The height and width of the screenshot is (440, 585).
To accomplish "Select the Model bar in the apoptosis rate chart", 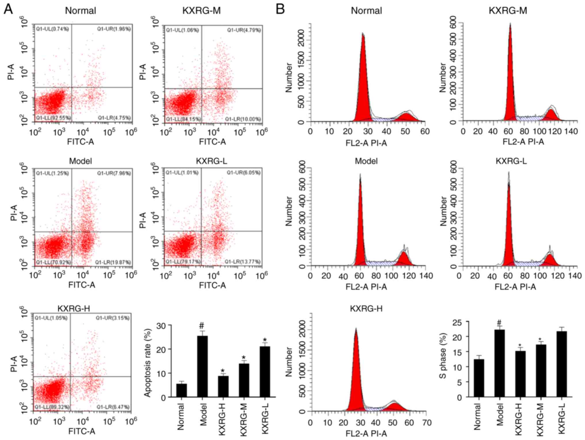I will click(202, 366).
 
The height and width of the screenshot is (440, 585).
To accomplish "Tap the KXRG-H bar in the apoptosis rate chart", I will click(223, 386).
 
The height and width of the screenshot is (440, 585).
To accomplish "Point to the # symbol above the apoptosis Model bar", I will click(202, 326).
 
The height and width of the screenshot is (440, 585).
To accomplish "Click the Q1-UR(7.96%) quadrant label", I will click(114, 173).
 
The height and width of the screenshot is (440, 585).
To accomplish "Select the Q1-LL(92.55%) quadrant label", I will click(53, 118).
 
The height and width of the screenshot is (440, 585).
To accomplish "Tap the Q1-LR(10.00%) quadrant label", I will click(243, 119).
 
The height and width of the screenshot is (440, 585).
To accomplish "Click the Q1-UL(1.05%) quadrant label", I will click(51, 318).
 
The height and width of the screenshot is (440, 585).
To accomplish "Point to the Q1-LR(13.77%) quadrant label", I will click(242, 262).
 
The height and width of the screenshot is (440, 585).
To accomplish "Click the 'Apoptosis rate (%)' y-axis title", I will click(147, 362).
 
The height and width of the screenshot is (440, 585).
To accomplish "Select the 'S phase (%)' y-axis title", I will click(443, 356).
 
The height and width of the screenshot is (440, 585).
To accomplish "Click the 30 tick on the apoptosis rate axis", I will click(161, 326).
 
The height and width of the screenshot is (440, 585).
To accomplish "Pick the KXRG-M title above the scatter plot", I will click(202, 11).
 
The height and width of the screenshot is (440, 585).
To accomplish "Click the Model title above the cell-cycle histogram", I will click(366, 161).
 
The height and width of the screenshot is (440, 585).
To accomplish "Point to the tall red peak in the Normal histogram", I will click(363, 81).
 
